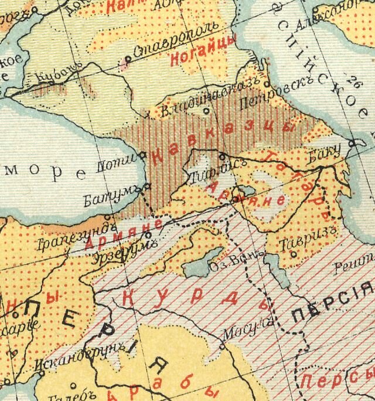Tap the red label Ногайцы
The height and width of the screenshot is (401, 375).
(x=202, y=52)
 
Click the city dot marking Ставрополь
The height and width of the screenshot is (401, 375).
(x=128, y=59)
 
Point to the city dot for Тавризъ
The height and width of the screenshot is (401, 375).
(x=293, y=254)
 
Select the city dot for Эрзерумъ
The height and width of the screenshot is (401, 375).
(x=148, y=236)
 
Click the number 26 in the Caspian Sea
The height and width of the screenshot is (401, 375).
(x=352, y=80)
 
